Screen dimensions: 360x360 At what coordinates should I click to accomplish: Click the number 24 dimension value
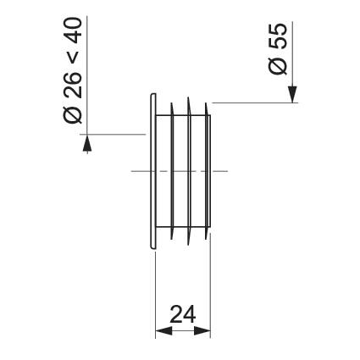pos(183,314)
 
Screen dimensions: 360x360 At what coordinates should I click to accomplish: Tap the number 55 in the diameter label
pos(278,36)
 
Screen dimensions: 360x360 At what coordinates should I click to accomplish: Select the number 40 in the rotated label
pos(73,30)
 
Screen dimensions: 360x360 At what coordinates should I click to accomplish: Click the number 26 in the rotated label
pos(73,85)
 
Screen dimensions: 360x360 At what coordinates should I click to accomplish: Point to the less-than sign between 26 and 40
pos(73,58)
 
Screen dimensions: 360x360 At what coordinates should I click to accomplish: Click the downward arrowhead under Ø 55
pos(293,94)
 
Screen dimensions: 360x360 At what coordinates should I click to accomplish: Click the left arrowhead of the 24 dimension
pos(163,331)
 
